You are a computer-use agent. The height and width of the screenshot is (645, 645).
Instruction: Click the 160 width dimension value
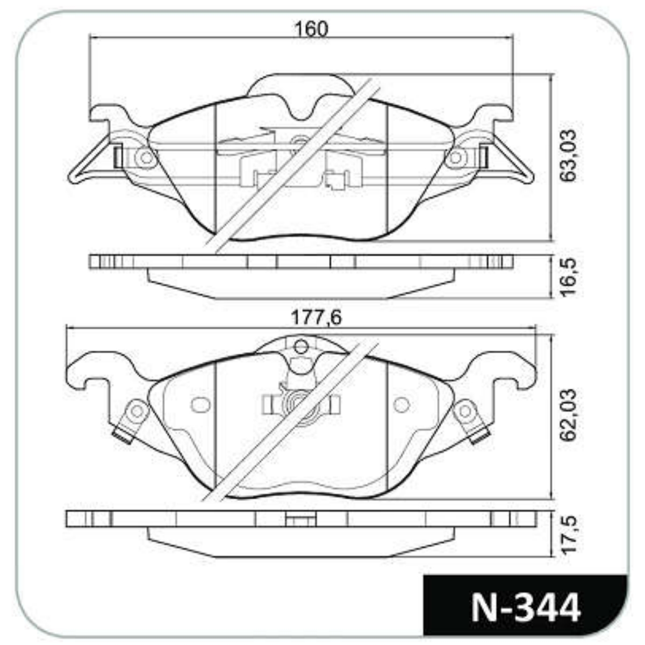[311, 29]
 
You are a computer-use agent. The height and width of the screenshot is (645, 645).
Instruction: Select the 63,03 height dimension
[569, 156]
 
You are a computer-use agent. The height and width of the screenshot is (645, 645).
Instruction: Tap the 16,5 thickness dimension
[569, 276]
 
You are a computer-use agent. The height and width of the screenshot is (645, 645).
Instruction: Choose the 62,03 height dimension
[569, 415]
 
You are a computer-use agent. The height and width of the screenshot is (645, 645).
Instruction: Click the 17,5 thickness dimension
[569, 534]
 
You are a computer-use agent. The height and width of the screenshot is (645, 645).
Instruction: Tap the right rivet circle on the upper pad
[455, 157]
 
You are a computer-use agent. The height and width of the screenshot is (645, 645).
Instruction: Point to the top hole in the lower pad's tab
[302, 346]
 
